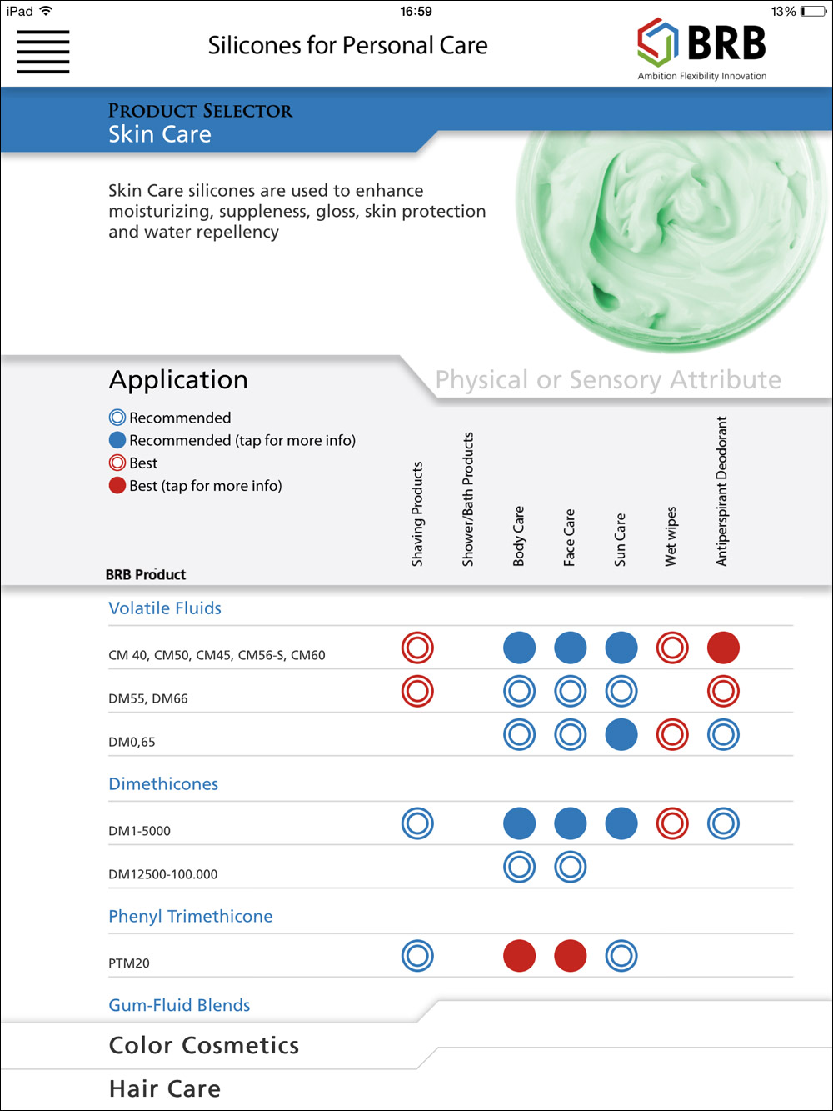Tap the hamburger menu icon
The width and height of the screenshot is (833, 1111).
(43, 52)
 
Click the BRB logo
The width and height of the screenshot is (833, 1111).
(701, 48)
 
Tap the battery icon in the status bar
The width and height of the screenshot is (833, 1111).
(812, 12)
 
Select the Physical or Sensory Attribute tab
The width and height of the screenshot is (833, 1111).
(608, 380)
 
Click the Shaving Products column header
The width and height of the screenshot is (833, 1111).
(417, 513)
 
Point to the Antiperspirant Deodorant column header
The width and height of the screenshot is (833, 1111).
(722, 491)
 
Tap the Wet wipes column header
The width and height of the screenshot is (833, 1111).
(671, 536)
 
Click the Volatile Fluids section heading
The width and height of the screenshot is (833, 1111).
(165, 608)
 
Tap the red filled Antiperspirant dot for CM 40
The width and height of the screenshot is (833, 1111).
(723, 648)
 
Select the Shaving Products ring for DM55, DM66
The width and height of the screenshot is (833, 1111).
(417, 691)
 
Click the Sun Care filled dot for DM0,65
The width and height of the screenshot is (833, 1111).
(621, 735)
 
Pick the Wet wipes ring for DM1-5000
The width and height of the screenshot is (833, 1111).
(672, 823)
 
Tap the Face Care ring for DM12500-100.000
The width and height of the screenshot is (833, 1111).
(571, 867)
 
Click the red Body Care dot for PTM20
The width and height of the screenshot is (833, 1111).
(520, 956)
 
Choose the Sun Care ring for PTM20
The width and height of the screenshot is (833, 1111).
(621, 956)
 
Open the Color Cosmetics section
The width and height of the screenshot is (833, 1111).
(204, 1046)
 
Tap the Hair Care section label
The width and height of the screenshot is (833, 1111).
(165, 1089)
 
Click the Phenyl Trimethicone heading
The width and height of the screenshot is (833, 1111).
(191, 917)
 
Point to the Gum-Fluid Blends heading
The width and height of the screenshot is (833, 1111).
(179, 1005)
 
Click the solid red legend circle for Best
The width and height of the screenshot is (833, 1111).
(117, 485)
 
